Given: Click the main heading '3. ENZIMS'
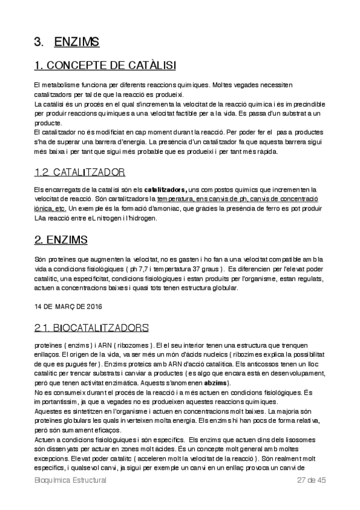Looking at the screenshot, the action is (x=67, y=42).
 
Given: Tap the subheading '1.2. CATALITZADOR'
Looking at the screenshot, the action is (x=80, y=172).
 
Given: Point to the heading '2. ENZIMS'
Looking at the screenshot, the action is (x=61, y=240).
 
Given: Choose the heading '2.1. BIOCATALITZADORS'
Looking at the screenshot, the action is (x=91, y=328).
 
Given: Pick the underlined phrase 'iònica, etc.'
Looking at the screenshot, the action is (x=50, y=208).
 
